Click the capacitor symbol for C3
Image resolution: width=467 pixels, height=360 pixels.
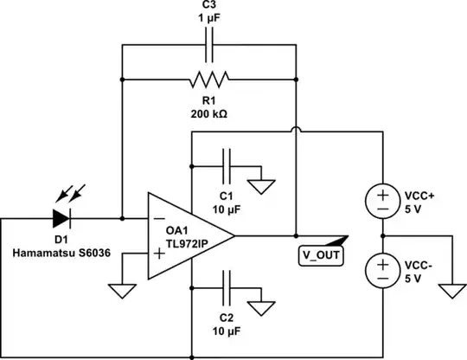[x=208, y=45]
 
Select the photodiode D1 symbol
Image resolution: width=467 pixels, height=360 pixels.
[x=63, y=217]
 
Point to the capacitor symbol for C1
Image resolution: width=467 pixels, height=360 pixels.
[x=226, y=164]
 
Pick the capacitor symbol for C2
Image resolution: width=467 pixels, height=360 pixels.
[x=226, y=285]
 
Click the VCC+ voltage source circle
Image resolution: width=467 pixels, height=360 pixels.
[x=381, y=201]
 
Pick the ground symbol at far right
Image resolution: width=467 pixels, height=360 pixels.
[x=451, y=289]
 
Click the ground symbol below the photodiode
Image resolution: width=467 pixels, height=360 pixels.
[x=121, y=289]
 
